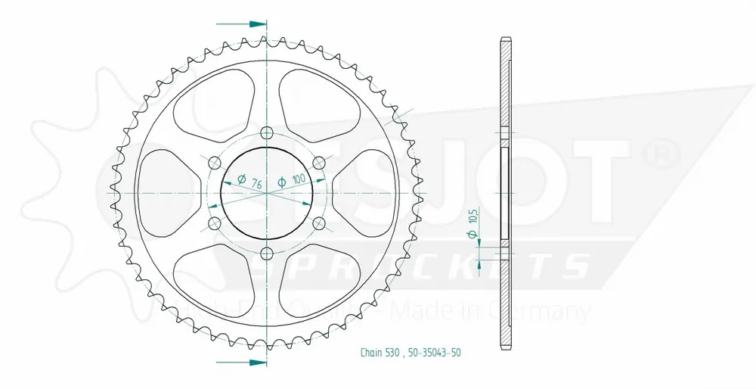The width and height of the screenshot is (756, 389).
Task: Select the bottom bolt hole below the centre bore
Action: coord(266,254)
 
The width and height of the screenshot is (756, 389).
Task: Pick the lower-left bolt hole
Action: coord(214,223)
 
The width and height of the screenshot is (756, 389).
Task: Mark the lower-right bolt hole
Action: coord(318,223)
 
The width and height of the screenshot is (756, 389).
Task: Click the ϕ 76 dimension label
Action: coord(249,182)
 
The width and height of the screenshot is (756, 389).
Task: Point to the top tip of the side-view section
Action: coord(504,38)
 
